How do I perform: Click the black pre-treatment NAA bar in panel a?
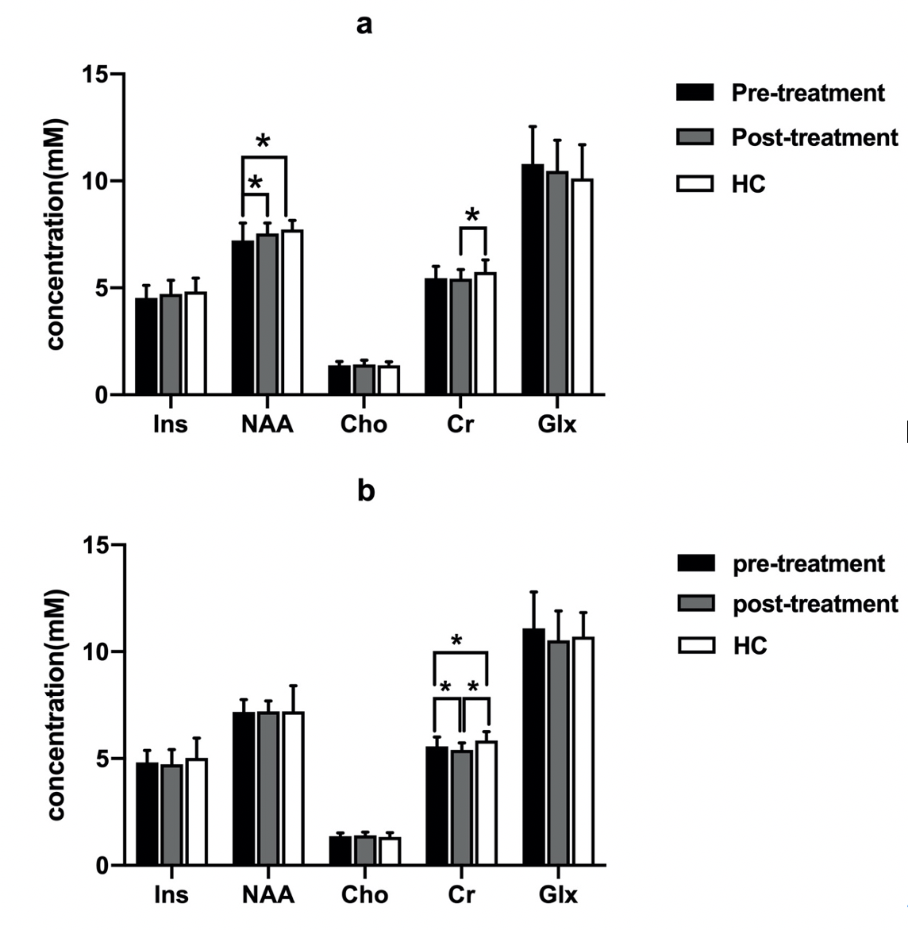[242, 317]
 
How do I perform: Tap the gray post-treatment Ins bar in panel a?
[171, 344]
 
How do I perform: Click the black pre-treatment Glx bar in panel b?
[534, 747]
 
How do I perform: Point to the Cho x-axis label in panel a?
[364, 425]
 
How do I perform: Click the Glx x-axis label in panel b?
[558, 895]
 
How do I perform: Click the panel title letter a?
[364, 25]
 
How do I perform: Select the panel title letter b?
[365, 492]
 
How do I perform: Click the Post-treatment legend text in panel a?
[814, 138]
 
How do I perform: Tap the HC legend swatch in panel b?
[695, 645]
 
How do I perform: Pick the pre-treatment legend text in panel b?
[808, 564]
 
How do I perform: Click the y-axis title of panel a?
[56, 234]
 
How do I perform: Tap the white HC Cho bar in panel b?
[389, 851]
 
